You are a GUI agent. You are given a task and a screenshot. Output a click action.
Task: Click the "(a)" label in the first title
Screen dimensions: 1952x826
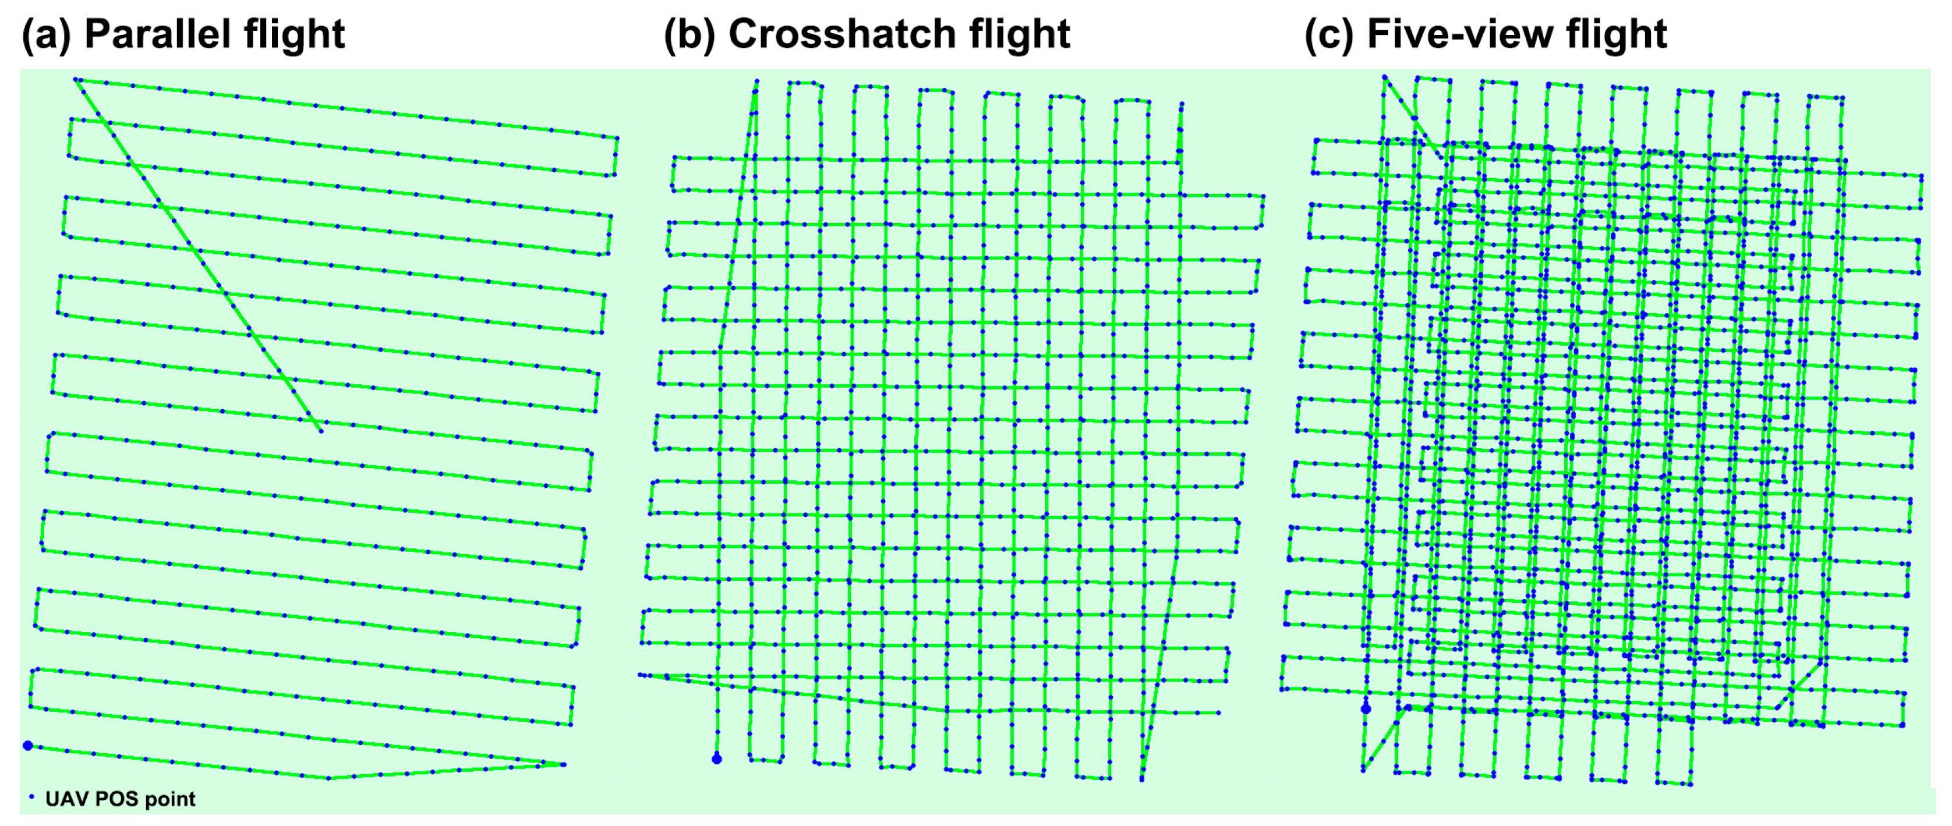coord(46,35)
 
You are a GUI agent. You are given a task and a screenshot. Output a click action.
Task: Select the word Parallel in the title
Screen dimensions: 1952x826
coord(148,35)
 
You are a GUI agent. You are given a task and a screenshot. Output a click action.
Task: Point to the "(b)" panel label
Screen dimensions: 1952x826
coord(689,35)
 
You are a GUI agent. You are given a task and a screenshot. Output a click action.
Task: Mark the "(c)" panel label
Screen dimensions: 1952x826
coord(1329,35)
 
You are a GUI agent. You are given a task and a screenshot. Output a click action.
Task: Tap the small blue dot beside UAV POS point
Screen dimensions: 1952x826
coord(31,796)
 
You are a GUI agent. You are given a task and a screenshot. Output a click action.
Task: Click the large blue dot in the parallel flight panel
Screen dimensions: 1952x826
coord(28,746)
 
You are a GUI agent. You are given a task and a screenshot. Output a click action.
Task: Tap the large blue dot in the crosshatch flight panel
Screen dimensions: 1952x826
coord(717,758)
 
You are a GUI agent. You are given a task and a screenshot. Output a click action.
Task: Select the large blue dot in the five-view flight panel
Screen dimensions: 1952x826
coord(1366,710)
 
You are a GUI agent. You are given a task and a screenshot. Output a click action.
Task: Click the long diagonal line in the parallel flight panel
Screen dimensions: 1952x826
coord(197,254)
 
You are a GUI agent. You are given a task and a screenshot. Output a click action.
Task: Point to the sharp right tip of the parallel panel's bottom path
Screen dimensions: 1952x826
coord(564,765)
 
